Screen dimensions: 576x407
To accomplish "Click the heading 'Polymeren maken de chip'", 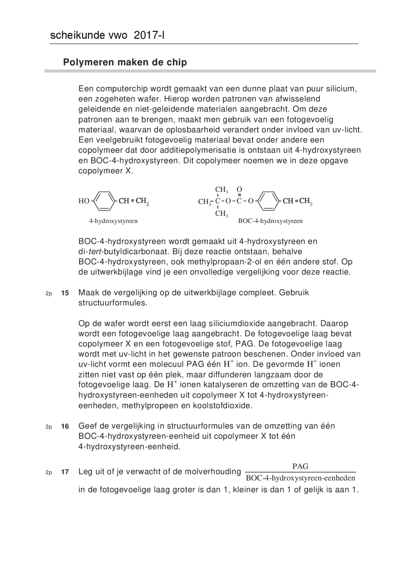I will [125, 62].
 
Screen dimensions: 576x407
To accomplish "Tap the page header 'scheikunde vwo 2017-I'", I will [107, 36].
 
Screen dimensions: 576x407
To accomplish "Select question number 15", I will [65, 293].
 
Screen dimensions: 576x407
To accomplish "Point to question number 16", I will [65, 427].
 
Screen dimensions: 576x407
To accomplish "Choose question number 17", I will [65, 472].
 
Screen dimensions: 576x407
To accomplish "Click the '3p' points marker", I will [49, 427].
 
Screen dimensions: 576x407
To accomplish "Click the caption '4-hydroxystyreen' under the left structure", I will [113, 221].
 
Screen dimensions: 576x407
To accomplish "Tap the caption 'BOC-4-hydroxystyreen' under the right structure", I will [270, 221].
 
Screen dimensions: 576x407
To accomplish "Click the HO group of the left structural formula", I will [84, 201].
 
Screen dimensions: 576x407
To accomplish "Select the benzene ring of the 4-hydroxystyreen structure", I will [104, 201].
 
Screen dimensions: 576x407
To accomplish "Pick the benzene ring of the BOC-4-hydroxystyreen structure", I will [269, 201].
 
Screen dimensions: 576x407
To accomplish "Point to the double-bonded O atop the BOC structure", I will [239, 190].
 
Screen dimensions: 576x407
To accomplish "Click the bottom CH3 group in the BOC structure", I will [222, 214].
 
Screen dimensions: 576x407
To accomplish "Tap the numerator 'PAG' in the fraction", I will [300, 466].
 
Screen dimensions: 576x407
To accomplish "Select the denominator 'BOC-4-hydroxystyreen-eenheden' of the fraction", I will [300, 478].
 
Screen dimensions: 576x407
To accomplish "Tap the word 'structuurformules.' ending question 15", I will [113, 303].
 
